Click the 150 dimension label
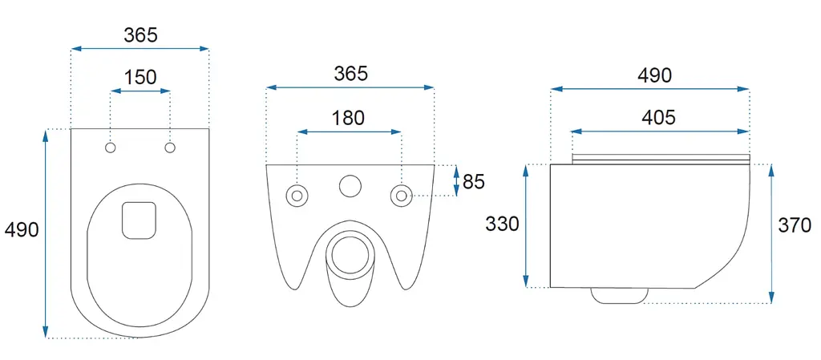tap(140, 77)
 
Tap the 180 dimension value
tap(348, 118)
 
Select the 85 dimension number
tap(474, 181)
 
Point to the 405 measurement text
tap(659, 118)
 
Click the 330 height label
tap(502, 224)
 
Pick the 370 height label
tap(795, 225)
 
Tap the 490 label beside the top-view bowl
tap(22, 229)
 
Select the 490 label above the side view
tap(654, 76)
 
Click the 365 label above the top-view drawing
tap(140, 35)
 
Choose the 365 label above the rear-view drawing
tap(351, 74)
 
